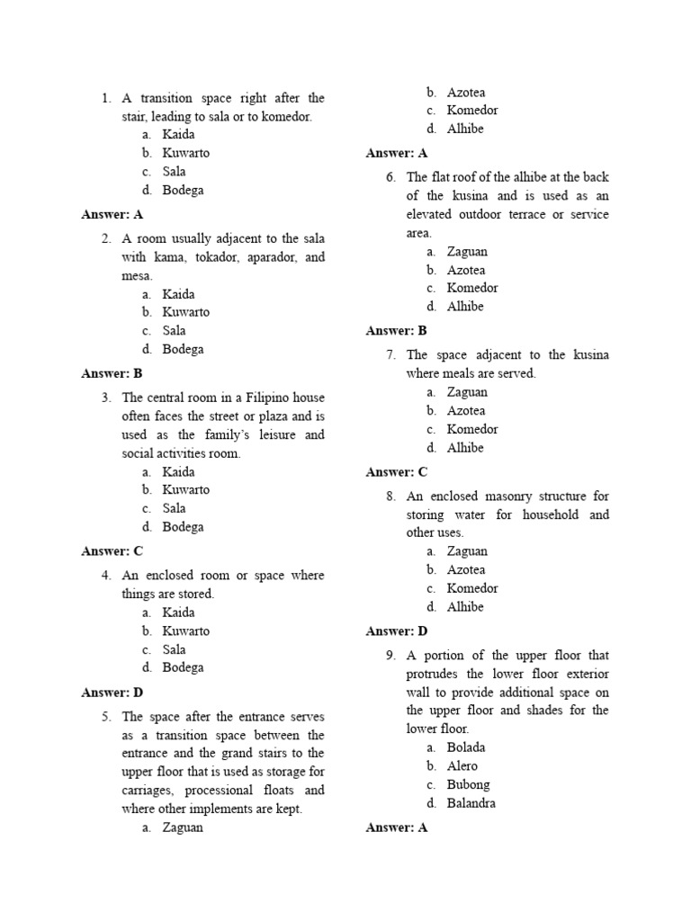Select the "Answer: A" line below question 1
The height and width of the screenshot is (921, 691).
coord(112,214)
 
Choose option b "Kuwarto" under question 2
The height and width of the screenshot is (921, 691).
coord(185,312)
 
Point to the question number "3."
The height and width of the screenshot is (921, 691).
coord(106,398)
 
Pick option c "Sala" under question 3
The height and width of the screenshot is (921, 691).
coord(174,508)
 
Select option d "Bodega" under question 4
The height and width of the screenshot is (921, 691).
coord(183,667)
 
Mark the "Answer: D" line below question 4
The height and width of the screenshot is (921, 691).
coord(112,693)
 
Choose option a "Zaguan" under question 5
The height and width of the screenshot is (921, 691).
coord(183,827)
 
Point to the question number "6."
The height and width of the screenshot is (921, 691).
coord(390,177)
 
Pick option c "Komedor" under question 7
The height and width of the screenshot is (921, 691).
coord(471,429)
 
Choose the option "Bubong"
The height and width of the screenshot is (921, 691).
coord(468,784)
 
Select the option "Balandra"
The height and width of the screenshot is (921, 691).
coord(471,803)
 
